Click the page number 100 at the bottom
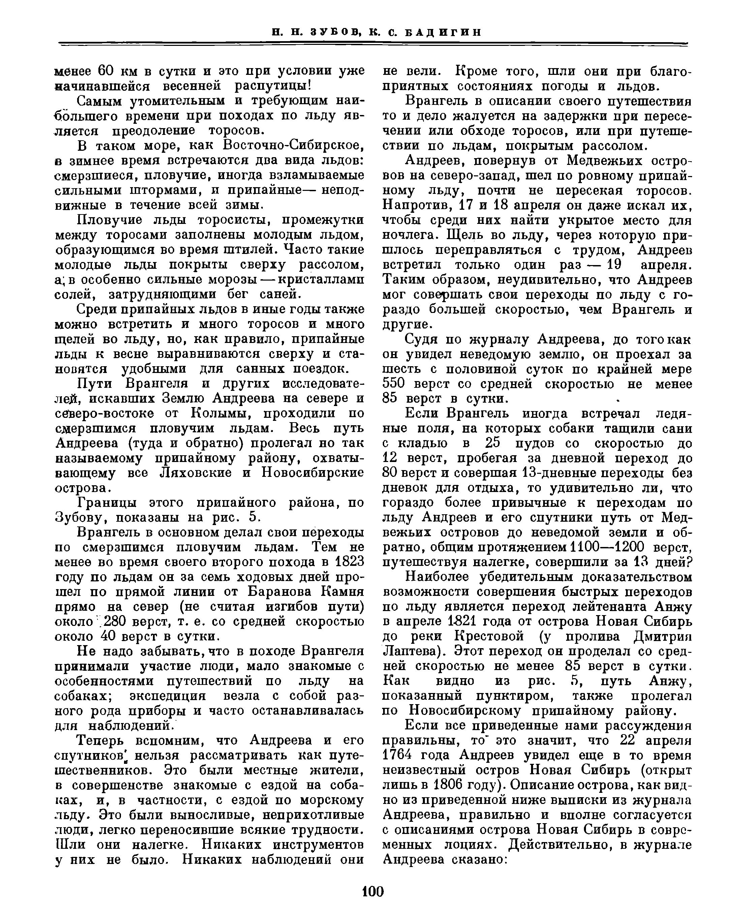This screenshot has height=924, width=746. pyautogui.click(x=373, y=891)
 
